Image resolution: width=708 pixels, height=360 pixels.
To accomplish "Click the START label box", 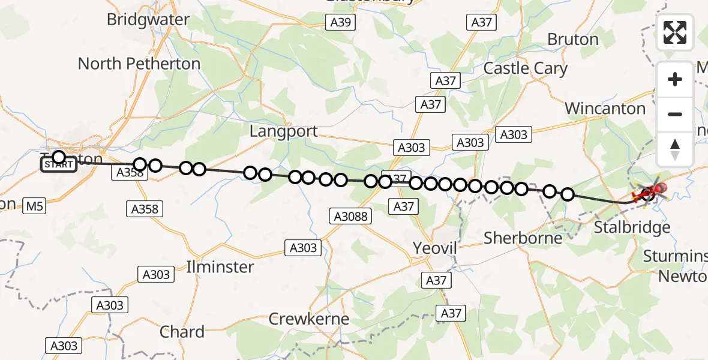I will (59, 164).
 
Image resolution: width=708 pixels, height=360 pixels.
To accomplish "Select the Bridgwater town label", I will (148, 19).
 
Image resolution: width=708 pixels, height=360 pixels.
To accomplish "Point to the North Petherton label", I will (139, 63).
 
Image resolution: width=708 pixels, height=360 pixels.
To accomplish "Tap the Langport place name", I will (283, 131).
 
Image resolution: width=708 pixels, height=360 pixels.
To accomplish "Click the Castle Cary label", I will (526, 68).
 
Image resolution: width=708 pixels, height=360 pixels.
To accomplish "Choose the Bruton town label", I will (573, 40).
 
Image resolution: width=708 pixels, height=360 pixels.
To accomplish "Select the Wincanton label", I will (605, 109).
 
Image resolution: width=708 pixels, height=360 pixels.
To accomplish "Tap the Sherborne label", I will (523, 238).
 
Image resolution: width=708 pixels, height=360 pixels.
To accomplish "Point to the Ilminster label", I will (220, 266).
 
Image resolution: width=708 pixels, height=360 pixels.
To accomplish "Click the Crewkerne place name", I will (308, 319).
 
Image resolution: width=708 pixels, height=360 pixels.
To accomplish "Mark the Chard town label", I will (182, 331).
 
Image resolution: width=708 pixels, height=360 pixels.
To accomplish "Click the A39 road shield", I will (341, 23).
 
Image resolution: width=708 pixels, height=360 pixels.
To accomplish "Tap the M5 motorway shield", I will (35, 207).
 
